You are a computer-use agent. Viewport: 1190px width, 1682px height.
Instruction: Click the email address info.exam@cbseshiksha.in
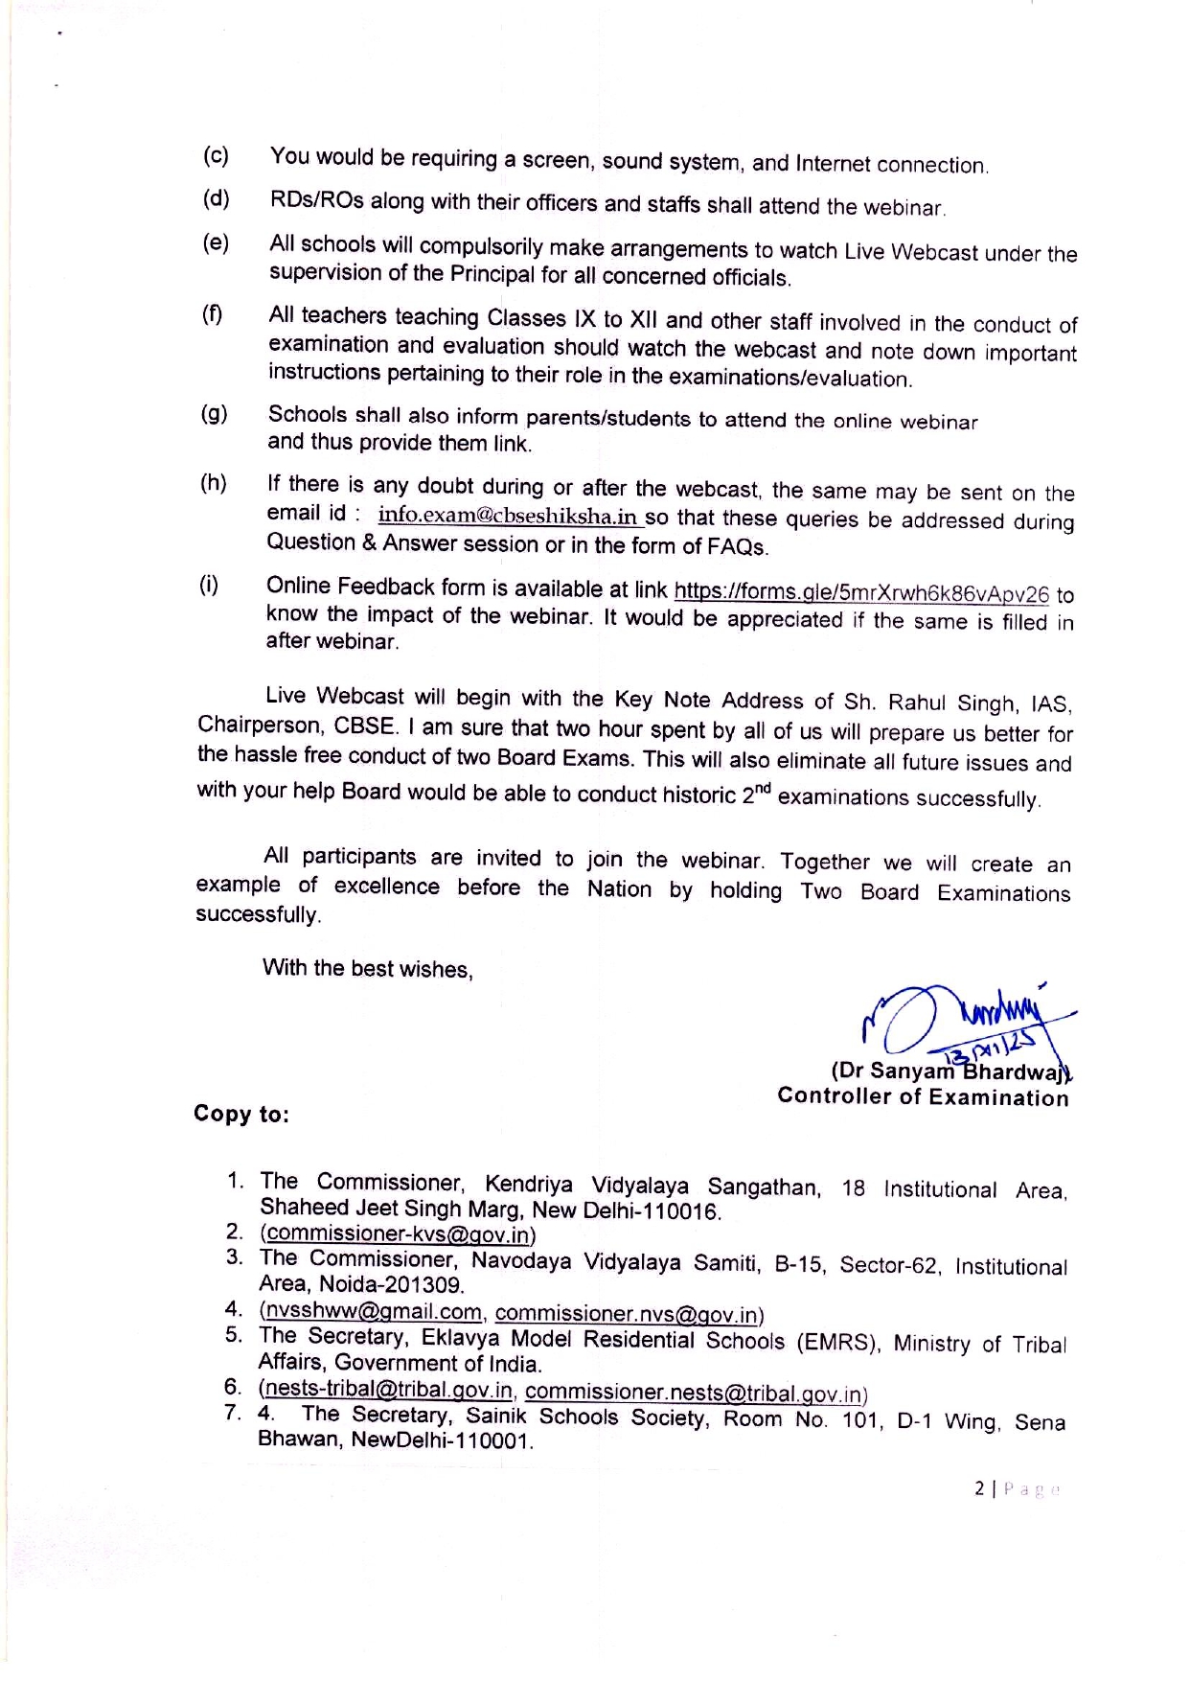pos(509,516)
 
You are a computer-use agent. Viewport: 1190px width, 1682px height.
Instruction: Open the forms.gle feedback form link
pos(861,593)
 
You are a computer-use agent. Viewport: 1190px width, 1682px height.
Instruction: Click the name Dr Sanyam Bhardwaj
pos(949,1071)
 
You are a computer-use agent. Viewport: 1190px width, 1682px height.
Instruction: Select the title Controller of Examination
pos(923,1096)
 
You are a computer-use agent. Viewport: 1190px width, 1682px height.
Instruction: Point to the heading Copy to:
pos(240,1114)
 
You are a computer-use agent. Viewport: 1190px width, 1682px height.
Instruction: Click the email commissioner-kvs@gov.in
pos(398,1234)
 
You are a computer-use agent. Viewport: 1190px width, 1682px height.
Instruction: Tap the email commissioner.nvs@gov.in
pos(629,1314)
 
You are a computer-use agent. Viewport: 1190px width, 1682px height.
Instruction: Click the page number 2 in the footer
pos(979,1488)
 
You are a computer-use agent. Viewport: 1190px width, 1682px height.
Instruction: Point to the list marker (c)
pos(216,155)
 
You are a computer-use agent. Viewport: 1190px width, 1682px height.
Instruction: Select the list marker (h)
pos(214,483)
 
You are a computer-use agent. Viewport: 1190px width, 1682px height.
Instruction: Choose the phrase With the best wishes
pos(368,968)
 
